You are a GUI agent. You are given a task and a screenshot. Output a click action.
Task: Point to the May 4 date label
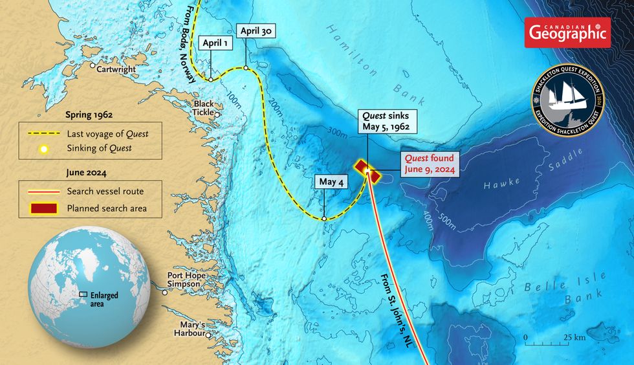click(329, 182)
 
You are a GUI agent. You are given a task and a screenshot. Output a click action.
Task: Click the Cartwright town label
click(115, 69)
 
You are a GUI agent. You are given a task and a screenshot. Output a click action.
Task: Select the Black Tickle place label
click(204, 108)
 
